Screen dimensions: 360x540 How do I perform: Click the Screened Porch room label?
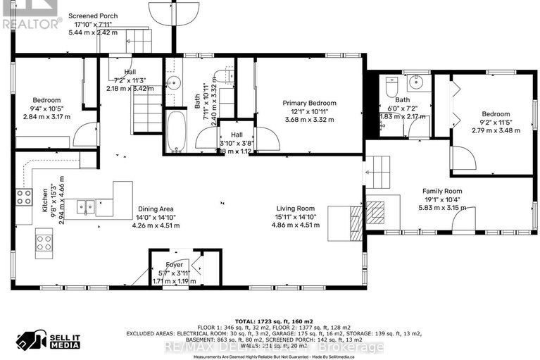click(93, 15)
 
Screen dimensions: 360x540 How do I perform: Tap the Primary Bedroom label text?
click(309, 104)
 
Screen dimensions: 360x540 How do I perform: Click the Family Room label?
click(441, 191)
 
